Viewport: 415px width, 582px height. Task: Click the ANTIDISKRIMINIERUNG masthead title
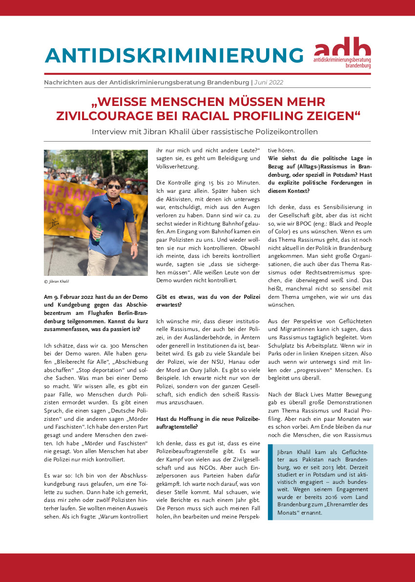pos(174,55)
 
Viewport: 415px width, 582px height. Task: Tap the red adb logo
pos(342,52)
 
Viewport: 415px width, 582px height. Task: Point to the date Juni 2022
pos(269,83)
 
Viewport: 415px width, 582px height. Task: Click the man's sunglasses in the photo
pos(114,187)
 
